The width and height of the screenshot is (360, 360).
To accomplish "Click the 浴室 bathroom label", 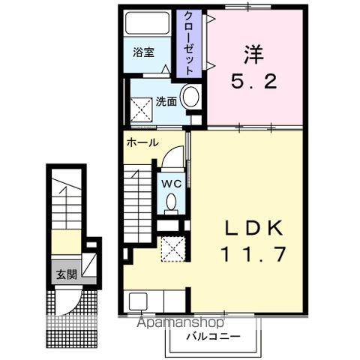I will [144, 52].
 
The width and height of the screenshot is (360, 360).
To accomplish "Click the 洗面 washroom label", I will [166, 102].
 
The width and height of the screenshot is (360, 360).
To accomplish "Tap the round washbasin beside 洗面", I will [190, 97].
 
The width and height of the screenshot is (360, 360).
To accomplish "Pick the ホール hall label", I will [142, 142].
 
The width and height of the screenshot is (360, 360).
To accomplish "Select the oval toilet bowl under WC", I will [172, 200].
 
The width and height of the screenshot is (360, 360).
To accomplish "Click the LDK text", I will [252, 227].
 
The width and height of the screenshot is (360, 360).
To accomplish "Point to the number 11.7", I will [252, 255].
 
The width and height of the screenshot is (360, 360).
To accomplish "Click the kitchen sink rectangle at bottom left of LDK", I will [139, 302].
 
